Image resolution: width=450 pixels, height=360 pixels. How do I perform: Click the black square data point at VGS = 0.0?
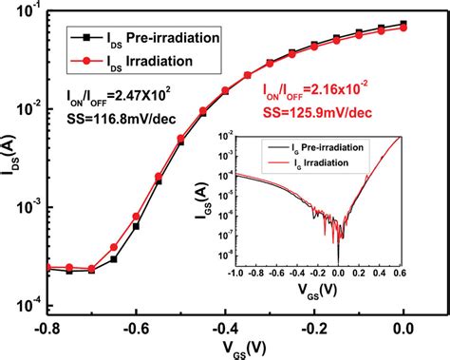point(405,24)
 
